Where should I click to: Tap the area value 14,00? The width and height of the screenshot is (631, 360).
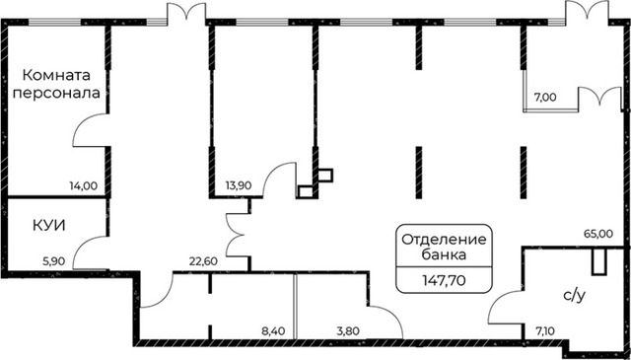[83, 184]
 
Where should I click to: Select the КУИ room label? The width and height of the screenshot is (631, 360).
[50, 225]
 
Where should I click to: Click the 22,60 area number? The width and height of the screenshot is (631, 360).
[204, 261]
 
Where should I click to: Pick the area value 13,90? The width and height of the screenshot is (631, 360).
[239, 184]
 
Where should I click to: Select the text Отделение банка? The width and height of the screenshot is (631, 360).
[443, 246]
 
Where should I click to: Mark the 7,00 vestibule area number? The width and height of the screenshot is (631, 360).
[545, 97]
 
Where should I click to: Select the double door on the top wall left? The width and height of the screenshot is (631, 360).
[184, 12]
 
